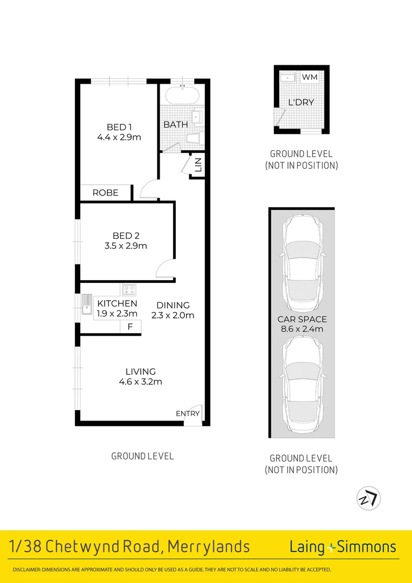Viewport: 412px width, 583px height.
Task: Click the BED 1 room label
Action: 119,127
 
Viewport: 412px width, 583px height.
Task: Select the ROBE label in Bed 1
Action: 105,193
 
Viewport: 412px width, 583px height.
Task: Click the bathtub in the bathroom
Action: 182,97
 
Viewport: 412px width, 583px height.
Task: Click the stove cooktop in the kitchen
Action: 129,290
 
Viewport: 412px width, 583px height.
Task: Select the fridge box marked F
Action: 130,327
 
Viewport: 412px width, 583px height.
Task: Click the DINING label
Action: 173,305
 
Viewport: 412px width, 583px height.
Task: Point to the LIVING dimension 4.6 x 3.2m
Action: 141,382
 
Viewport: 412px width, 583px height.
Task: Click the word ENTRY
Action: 188,413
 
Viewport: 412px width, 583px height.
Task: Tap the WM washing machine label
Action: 310,77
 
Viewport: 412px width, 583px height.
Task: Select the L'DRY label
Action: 301,102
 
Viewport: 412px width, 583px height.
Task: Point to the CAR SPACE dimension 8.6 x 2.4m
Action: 301,329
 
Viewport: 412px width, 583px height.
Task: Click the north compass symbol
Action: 369,498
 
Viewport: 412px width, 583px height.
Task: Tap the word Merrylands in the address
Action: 209,547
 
